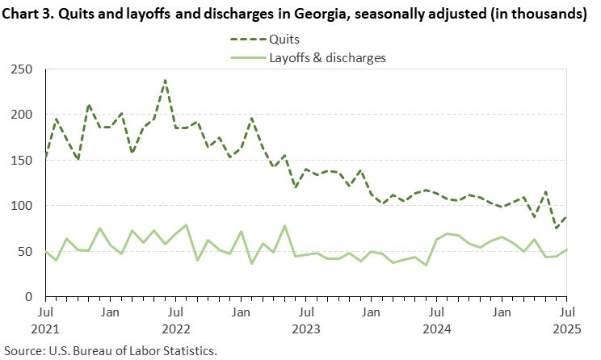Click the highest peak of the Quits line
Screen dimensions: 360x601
coord(165,80)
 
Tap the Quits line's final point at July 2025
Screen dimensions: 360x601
coord(566,216)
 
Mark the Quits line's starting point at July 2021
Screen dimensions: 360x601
coord(45,157)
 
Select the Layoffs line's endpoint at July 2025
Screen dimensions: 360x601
coord(566,249)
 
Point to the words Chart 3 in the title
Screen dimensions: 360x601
coord(26,14)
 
